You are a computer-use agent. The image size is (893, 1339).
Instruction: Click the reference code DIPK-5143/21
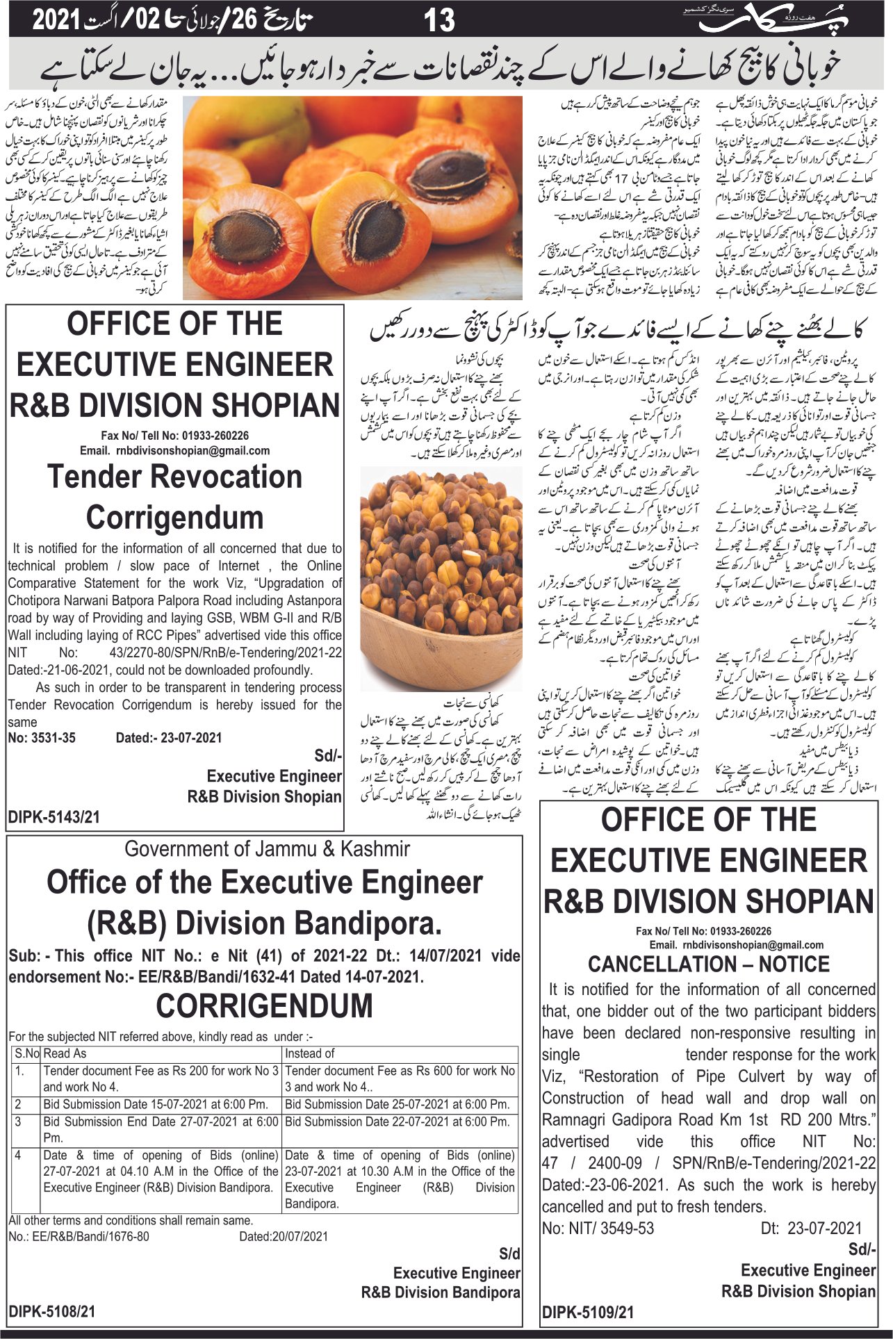(54, 817)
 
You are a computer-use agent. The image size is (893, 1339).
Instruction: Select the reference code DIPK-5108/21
(52, 1311)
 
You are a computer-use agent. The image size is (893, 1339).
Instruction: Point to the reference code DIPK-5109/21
(588, 1312)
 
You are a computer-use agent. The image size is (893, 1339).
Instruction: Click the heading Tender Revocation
(174, 477)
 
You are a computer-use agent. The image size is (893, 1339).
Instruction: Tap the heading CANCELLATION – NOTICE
(708, 964)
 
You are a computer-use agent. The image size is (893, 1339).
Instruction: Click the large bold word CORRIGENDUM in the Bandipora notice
(264, 1005)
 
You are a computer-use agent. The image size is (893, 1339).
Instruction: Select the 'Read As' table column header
(65, 1053)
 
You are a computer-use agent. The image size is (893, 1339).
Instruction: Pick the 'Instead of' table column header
(309, 1053)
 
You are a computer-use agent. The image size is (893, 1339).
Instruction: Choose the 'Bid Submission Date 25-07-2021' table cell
(397, 1104)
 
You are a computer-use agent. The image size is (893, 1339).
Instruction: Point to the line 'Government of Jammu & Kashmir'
(267, 848)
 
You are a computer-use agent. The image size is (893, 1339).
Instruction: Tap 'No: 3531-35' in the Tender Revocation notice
(42, 738)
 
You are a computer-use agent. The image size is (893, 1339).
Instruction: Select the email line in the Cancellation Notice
(736, 945)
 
